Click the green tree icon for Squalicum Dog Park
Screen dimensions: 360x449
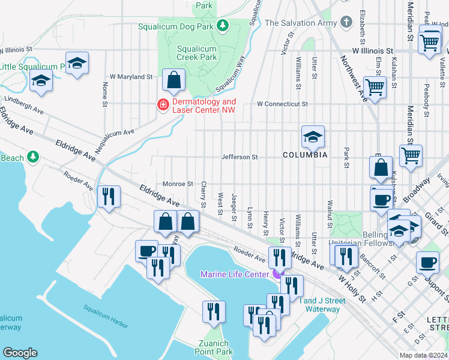click(x=223, y=26)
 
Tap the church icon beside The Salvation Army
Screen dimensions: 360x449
click(x=346, y=23)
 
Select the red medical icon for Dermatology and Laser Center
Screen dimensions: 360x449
click(x=162, y=105)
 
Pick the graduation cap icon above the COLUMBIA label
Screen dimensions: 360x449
click(x=313, y=137)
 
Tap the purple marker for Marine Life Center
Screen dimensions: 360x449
click(x=276, y=274)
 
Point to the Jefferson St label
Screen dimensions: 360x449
click(x=240, y=157)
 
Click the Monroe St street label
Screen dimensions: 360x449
click(x=178, y=184)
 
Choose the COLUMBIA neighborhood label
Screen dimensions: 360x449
click(x=306, y=155)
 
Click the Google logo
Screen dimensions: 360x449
click(x=20, y=353)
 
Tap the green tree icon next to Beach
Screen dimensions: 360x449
click(x=33, y=157)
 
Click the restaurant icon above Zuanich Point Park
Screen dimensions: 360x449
click(x=214, y=311)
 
